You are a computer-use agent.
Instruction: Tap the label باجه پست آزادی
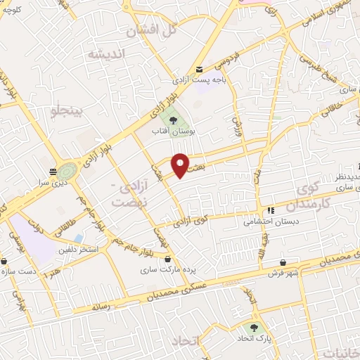[200, 79]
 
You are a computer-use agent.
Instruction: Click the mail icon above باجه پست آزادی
[200, 69]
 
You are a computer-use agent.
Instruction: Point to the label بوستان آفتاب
[174, 131]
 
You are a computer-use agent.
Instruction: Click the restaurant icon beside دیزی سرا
[53, 172]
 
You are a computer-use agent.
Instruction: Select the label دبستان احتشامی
[262, 221]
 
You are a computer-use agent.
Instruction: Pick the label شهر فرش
[283, 273]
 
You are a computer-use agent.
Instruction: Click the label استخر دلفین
[78, 250]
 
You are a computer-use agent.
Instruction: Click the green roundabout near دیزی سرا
[68, 171]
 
